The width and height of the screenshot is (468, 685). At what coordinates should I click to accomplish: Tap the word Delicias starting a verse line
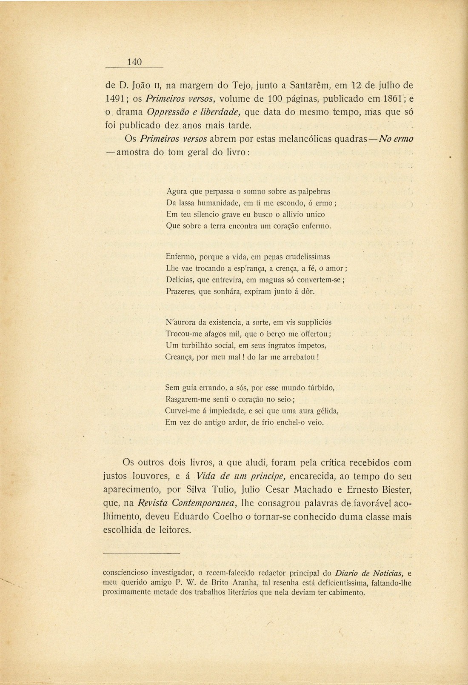point(179,280)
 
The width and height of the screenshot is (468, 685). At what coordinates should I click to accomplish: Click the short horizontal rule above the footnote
point(142,553)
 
